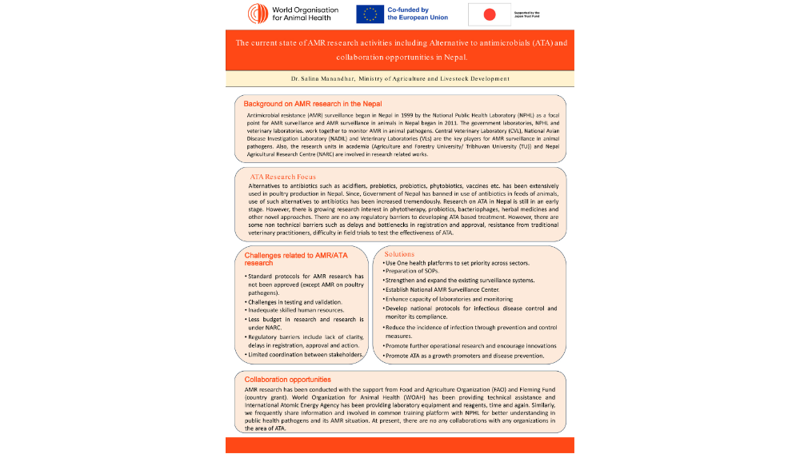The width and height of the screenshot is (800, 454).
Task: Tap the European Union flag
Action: (369, 14)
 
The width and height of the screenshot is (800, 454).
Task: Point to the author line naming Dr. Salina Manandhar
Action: (400, 79)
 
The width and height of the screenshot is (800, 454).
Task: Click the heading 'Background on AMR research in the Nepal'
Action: (313, 104)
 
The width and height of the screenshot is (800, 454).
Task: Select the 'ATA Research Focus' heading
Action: (282, 177)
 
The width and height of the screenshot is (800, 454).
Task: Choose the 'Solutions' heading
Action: (399, 254)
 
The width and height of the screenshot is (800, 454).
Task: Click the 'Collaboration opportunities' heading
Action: (287, 379)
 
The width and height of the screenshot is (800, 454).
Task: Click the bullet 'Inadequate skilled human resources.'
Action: (296, 310)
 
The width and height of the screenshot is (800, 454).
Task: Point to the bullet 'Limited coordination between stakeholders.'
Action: (305, 354)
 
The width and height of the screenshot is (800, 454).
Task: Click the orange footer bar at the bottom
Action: (399, 445)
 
